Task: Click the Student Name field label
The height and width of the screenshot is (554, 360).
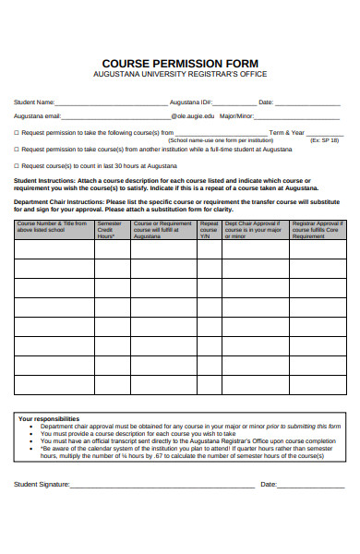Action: [x=34, y=102]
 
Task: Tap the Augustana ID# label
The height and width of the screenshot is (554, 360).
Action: [x=192, y=102]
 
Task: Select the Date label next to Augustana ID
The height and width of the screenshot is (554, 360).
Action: [x=266, y=102]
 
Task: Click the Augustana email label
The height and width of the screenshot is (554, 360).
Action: [x=37, y=117]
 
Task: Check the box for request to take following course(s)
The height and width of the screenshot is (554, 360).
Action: [x=16, y=133]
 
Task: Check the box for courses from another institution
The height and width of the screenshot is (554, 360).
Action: [x=16, y=149]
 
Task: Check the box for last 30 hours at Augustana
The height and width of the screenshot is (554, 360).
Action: [x=16, y=164]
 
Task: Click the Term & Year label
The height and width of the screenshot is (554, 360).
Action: [x=286, y=133]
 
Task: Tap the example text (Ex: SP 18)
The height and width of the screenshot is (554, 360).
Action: [x=324, y=140]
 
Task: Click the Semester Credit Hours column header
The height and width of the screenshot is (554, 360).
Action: [x=111, y=230]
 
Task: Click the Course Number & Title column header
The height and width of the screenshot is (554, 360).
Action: [x=53, y=227]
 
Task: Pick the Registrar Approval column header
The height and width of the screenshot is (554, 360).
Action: [x=318, y=230]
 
